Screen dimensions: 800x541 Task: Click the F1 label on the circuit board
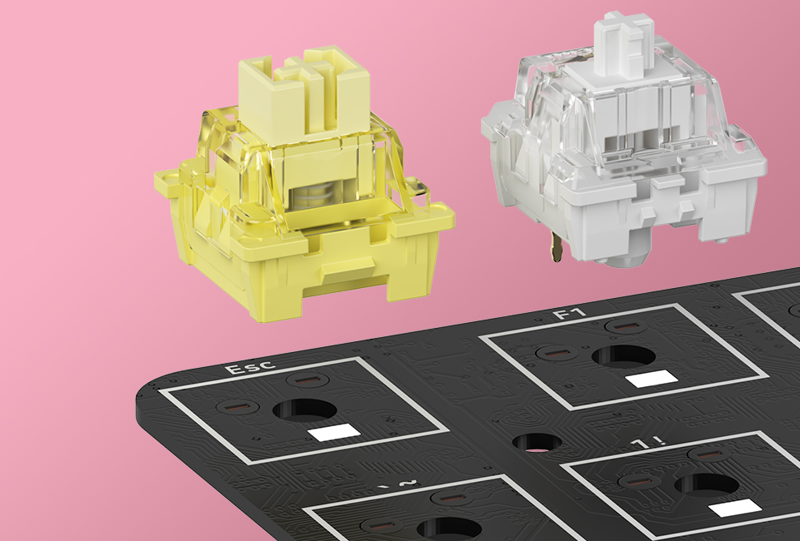570,313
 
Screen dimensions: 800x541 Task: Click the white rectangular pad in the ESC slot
334,432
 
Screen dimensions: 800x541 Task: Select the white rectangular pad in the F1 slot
651,379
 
